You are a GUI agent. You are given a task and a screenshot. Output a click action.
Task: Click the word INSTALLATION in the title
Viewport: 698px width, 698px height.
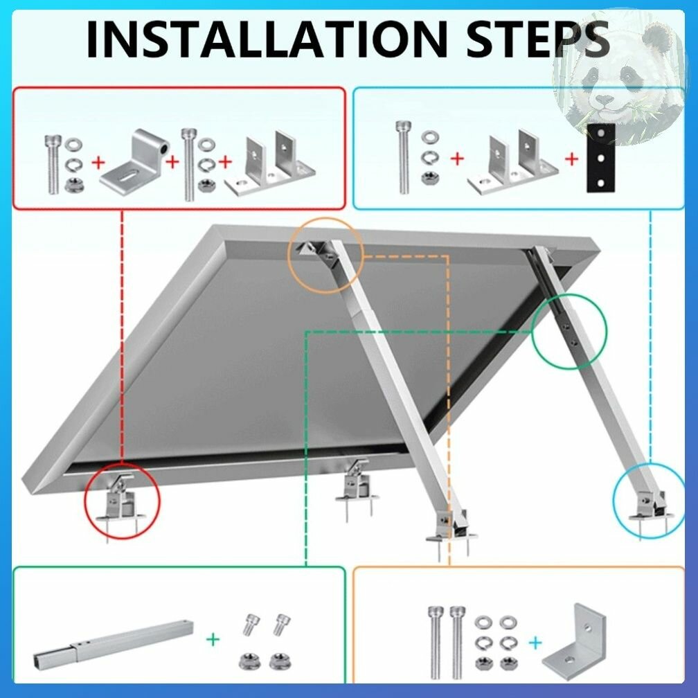(x=267, y=39)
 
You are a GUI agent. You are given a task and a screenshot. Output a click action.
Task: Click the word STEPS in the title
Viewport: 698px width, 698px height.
(x=538, y=39)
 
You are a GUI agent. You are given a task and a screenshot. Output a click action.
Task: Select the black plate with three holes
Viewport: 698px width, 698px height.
(x=600, y=158)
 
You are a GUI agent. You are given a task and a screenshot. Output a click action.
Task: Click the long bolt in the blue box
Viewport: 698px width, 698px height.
(x=404, y=158)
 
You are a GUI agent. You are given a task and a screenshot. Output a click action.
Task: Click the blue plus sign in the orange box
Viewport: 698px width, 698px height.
(x=535, y=643)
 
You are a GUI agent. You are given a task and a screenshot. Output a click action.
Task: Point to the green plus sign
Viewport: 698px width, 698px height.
(x=213, y=640)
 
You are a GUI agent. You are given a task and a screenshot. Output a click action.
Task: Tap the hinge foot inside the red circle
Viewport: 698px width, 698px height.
(x=120, y=499)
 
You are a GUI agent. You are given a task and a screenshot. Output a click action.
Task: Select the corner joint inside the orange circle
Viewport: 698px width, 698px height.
(x=320, y=253)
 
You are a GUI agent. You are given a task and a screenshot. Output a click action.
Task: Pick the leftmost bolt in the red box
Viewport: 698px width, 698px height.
(x=52, y=165)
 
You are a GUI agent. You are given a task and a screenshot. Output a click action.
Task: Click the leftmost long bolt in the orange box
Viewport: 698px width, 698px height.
(x=436, y=643)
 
